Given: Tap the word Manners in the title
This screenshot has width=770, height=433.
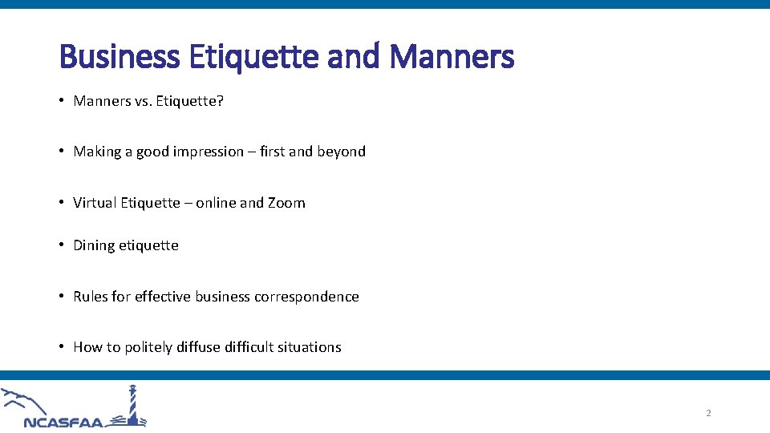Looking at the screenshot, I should coord(452,57).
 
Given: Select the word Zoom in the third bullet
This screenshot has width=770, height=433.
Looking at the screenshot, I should coord(286,203).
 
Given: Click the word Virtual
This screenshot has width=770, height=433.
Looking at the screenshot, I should coord(95,203).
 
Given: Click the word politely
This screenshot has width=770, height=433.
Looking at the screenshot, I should coord(148,347).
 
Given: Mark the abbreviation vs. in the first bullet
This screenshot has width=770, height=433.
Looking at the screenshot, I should coord(131,101).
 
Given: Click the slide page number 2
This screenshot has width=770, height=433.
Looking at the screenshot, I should coord(708,413).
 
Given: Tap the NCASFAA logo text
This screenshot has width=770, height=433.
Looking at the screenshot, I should coord(64,422).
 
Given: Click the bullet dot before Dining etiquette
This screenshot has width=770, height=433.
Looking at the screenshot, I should coord(63,245).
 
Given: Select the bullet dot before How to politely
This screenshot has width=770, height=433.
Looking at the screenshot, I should coord(63,347).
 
